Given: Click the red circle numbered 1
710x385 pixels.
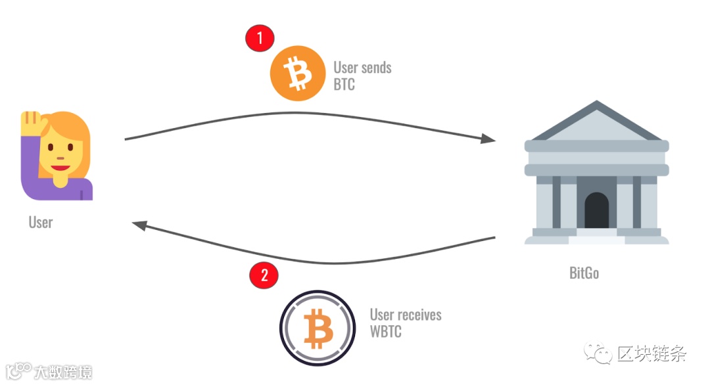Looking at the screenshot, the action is pos(260,38).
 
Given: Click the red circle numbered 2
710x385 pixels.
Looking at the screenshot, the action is pos(264,275).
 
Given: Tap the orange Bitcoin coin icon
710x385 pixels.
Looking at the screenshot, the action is pos(298,74).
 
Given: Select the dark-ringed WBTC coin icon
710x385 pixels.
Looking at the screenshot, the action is pos(318,327).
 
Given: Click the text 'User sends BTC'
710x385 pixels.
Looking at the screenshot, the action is pos(362,76).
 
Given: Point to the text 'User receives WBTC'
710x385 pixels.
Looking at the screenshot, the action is pos(405,323).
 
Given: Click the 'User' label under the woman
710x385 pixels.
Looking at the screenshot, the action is pos(40,222).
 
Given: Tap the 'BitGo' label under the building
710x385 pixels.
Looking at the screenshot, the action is pos(584,273).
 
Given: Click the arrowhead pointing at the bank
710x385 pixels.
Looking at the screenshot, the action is pos(488,139).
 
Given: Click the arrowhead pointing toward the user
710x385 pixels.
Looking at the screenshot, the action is pos(139,225).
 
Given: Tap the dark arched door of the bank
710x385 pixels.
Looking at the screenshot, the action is pos(596,210).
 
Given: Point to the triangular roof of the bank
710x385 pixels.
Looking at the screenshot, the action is pos(596,125).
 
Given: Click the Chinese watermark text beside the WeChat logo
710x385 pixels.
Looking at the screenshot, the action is pos(651,354).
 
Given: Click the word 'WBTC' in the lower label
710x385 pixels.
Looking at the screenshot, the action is pos(385,331).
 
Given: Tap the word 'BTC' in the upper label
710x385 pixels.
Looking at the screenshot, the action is pos(344,85).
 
